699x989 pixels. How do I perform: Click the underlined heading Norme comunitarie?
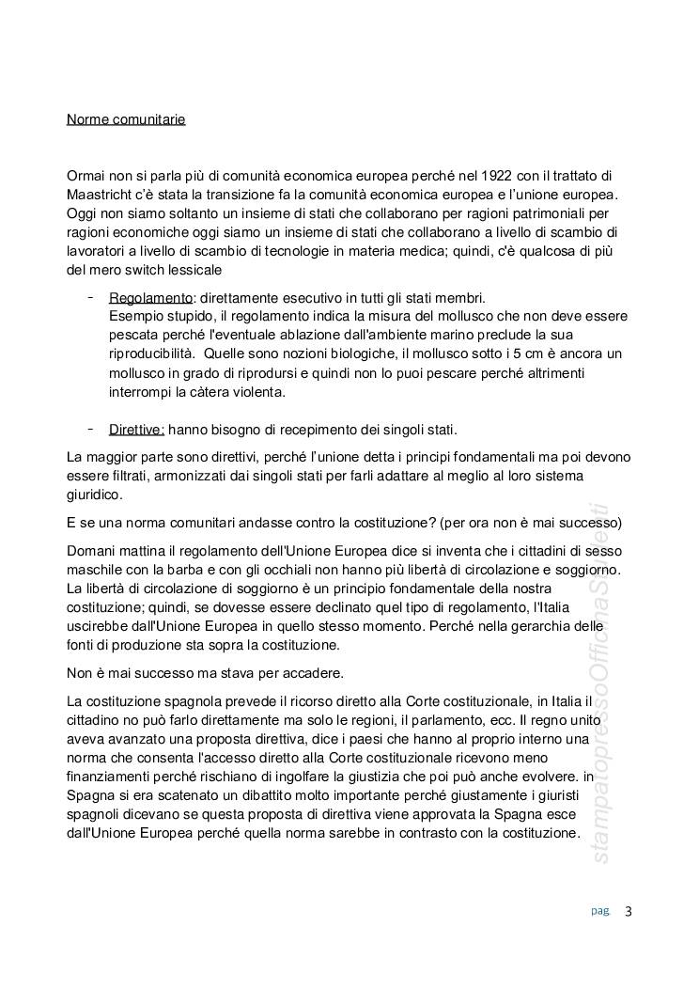[126, 119]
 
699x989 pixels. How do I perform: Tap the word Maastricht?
[103, 195]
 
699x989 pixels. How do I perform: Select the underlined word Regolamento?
[150, 297]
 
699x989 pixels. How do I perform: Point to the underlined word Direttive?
[136, 430]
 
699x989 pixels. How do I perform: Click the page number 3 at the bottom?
[629, 910]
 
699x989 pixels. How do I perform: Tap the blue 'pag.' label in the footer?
[600, 910]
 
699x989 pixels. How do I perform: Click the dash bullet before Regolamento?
[90, 296]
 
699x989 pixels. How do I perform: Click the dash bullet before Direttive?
[90, 429]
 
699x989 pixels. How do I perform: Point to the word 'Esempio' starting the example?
[134, 316]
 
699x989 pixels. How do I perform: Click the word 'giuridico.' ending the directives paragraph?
[95, 494]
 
